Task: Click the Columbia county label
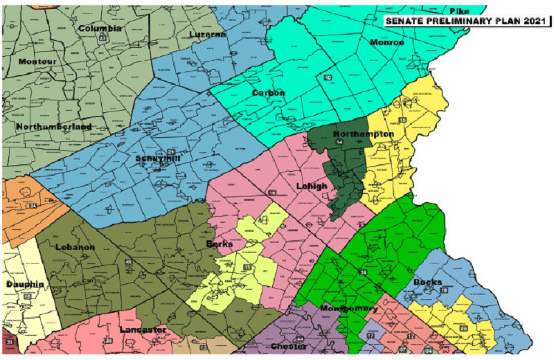(100, 28)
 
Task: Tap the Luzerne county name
(208, 34)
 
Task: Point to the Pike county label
(459, 11)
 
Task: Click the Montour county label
(37, 62)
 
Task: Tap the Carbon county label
(268, 93)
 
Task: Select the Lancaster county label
(143, 330)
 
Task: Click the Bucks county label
(427, 282)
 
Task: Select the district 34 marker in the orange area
(32, 205)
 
